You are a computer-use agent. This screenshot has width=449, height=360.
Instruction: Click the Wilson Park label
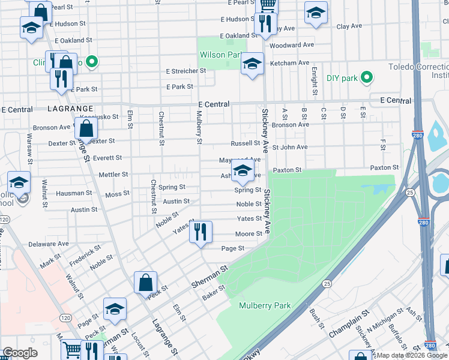[220, 55]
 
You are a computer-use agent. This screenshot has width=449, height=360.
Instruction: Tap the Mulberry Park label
[265, 305]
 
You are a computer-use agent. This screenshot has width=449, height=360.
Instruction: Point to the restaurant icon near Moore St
[200, 232]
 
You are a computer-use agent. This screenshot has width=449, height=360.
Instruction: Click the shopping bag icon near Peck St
[145, 283]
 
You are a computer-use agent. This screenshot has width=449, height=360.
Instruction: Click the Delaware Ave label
[49, 244]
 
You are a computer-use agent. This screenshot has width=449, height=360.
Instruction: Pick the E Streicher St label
[186, 70]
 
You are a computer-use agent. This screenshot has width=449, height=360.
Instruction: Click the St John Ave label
[290, 147]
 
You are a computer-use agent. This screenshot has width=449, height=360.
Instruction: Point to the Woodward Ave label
[292, 45]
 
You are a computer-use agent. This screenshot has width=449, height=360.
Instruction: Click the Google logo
[20, 353]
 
